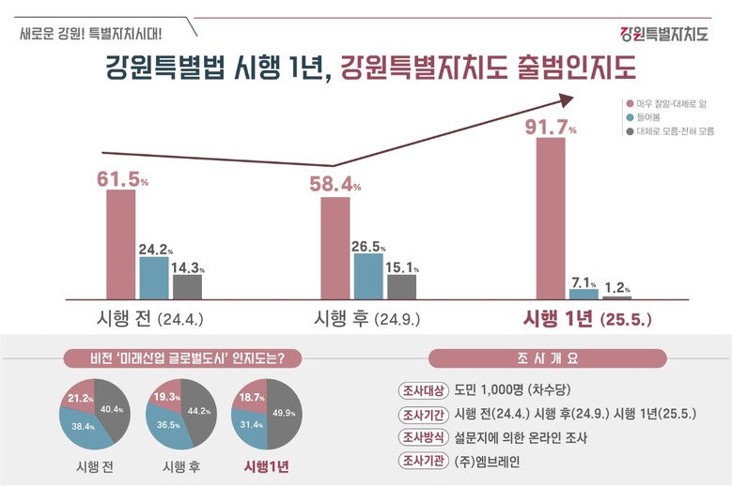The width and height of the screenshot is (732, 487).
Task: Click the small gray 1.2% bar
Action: [616, 297]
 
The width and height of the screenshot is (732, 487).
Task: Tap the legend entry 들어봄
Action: [647, 117]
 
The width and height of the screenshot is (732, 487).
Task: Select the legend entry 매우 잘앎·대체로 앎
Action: [668, 102]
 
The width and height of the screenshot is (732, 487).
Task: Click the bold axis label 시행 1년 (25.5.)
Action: [586, 318]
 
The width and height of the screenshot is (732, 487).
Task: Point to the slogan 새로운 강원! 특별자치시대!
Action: [90, 35]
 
